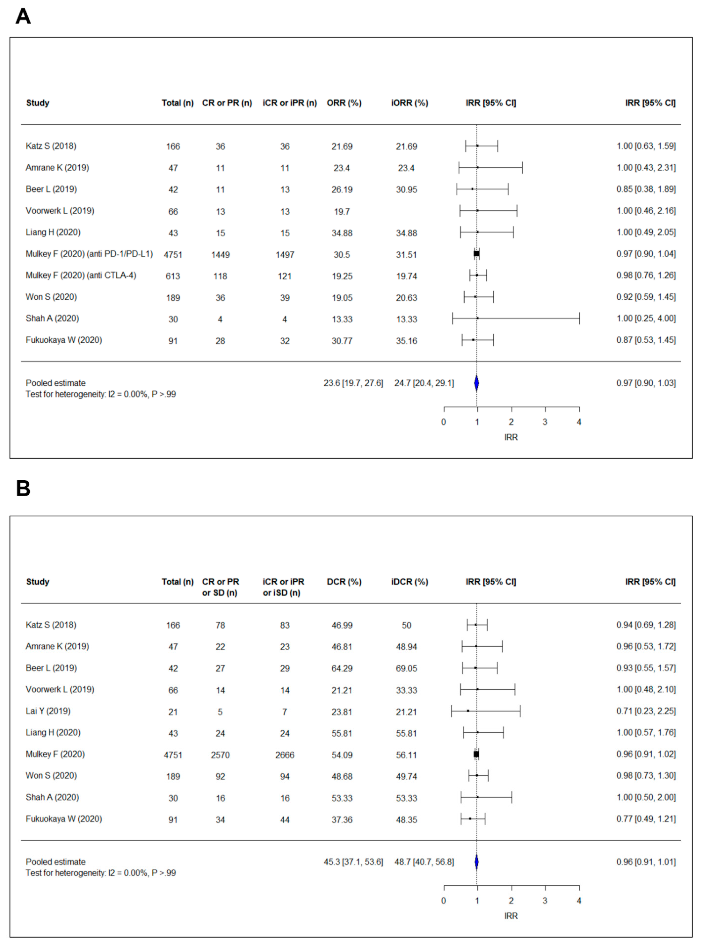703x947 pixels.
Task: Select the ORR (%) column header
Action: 344,103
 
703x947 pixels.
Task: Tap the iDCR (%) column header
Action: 409,582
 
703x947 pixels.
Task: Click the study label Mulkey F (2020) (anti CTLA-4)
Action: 81,275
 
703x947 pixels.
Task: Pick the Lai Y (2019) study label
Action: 48,711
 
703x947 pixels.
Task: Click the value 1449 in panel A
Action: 220,255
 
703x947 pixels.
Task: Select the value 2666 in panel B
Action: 285,755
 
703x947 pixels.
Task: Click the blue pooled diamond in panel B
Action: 477,862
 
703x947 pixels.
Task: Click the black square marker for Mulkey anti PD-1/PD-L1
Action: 477,254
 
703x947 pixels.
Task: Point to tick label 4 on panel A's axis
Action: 579,422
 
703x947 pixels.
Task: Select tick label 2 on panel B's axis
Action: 511,901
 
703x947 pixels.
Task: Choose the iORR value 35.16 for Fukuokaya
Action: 406,341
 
